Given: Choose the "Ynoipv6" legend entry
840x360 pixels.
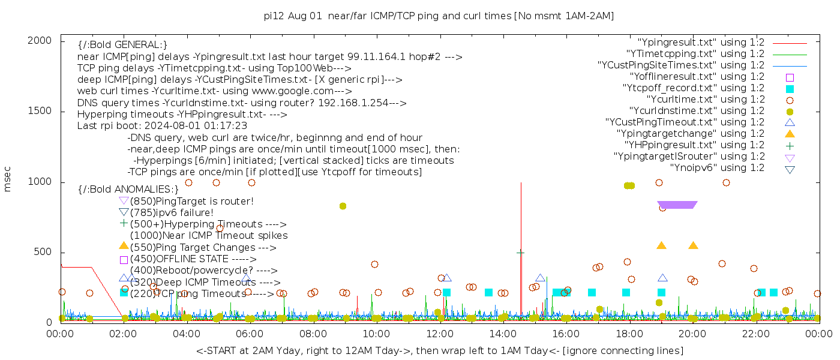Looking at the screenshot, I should pos(717,167).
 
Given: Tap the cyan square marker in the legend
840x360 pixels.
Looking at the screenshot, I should pos(790,88).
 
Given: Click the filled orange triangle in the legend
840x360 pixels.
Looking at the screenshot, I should pos(790,133).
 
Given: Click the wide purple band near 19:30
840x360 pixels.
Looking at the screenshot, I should pos(677,205).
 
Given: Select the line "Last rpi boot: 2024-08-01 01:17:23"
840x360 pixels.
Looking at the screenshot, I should pos(162,126).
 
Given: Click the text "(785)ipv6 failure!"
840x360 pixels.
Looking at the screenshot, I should pos(172,212).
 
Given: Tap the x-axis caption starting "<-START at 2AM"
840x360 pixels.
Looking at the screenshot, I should pos(439,350).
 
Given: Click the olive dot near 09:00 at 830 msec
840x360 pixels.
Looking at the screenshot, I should pos(343,206).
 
